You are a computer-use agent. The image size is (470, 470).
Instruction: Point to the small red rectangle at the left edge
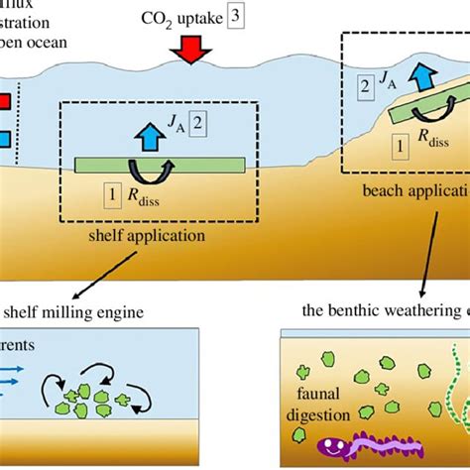point(7,101)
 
